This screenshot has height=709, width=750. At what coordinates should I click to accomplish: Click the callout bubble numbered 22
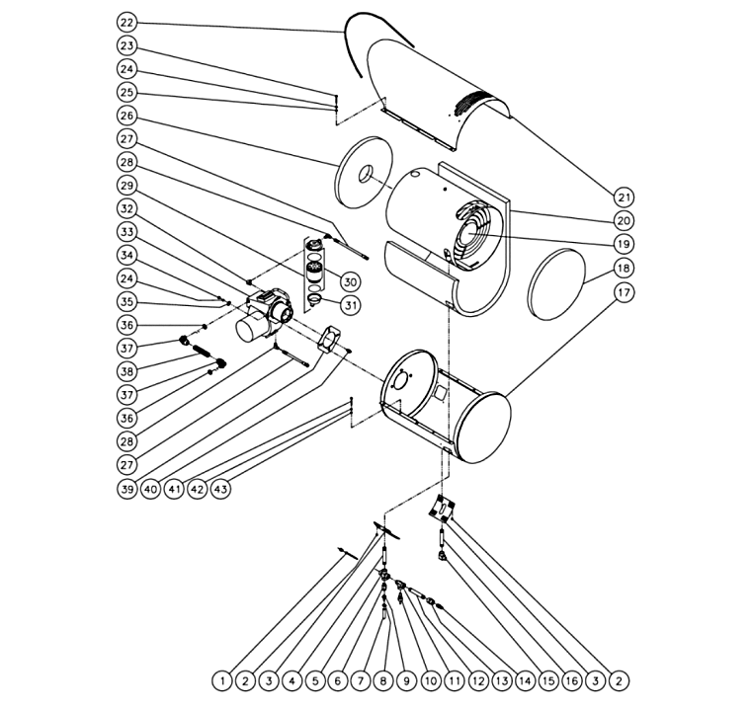[x=126, y=23]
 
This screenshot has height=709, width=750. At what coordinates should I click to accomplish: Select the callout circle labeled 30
[x=351, y=282]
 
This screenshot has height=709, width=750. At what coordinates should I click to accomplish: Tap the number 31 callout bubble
[x=351, y=305]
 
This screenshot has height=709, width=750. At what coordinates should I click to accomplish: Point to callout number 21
[x=624, y=197]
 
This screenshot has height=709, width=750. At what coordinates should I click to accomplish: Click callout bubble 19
[x=624, y=244]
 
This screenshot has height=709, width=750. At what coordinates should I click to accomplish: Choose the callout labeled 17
[x=624, y=292]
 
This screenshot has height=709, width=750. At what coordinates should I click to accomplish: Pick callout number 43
[x=220, y=489]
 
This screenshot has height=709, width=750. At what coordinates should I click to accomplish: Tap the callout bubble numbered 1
[x=222, y=680]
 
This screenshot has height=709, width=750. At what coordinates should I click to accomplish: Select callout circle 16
[x=572, y=680]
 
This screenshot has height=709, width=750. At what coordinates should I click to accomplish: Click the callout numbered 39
[x=126, y=489]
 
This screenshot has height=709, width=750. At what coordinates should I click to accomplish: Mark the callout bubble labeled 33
[x=126, y=232]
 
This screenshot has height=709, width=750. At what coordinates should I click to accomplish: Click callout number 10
[x=431, y=680]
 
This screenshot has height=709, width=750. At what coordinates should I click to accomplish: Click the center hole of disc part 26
[x=366, y=173]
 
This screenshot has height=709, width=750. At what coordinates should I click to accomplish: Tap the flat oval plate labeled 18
[x=556, y=284]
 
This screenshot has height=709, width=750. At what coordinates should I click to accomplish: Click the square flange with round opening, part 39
[x=329, y=339]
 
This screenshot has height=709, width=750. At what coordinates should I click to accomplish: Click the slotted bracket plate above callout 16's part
[x=442, y=508]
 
